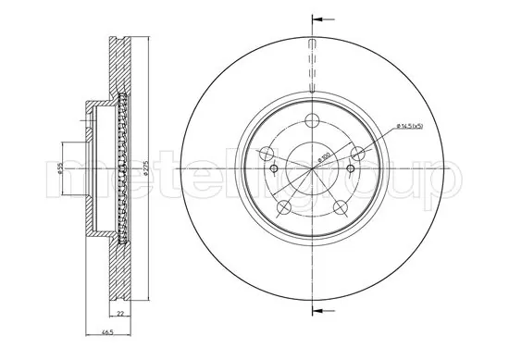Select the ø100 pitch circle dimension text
(326, 158)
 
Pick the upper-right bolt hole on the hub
(359, 154)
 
